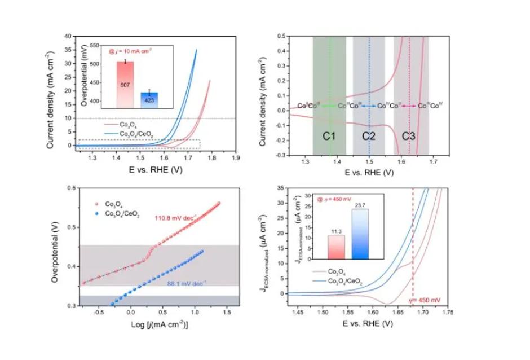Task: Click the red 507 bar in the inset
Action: tap(125, 84)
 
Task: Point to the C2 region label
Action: tap(369, 136)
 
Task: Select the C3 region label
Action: tap(409, 136)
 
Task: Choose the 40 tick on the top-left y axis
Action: tap(69, 36)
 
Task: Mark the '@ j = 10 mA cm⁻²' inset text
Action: tap(134, 51)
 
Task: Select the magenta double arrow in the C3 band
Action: tap(409, 106)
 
